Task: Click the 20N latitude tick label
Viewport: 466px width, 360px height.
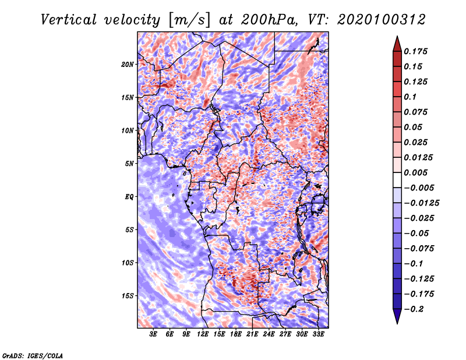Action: (x=128, y=65)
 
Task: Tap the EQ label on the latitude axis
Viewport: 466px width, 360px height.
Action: (x=129, y=197)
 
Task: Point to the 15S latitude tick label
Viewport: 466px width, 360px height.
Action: (x=128, y=296)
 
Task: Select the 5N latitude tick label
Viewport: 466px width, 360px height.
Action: (x=129, y=164)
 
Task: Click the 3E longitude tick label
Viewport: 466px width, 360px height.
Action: (x=153, y=334)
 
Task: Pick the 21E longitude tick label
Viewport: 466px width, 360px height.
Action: (x=252, y=334)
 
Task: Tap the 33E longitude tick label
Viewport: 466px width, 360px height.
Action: (x=318, y=334)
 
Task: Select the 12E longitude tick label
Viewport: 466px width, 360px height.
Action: (x=203, y=334)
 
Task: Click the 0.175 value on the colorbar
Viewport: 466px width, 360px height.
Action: (x=415, y=51)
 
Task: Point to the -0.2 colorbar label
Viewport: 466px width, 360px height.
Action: (x=414, y=309)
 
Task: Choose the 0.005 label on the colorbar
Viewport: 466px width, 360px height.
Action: (x=415, y=172)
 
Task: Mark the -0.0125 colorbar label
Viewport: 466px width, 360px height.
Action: (x=421, y=203)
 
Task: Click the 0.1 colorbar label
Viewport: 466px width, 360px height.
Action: (x=410, y=97)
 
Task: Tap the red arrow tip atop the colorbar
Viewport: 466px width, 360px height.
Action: (x=397, y=36)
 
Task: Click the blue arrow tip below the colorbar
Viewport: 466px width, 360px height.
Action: (x=397, y=323)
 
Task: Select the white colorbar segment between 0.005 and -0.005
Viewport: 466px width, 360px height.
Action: (x=397, y=180)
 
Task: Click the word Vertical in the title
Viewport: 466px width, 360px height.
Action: (x=68, y=20)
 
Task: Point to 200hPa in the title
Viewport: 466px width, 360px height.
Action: (x=269, y=20)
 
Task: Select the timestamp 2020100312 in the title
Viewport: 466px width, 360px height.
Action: (x=382, y=20)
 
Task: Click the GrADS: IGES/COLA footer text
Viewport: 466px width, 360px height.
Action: (x=33, y=355)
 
